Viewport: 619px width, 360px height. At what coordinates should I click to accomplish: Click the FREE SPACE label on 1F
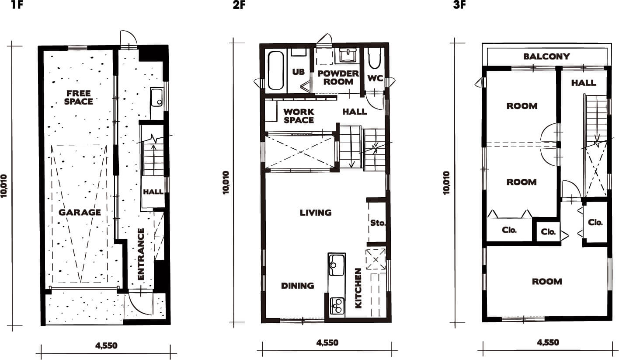coord(79,98)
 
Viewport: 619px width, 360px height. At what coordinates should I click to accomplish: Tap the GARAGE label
coord(80,212)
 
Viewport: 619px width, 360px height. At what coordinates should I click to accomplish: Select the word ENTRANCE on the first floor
coord(141,254)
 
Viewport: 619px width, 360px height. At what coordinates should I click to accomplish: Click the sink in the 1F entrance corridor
coord(156,98)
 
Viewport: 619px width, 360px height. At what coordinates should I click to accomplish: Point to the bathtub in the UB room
coord(276,70)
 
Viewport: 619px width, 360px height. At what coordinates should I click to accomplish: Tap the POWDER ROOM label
coord(338,77)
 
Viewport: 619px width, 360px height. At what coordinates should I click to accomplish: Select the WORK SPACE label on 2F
coord(299,116)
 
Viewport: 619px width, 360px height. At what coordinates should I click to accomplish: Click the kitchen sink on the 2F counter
coord(337,265)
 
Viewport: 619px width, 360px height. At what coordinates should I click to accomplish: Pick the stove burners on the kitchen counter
coord(337,305)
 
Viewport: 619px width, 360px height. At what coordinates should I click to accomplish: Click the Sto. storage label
coord(378,223)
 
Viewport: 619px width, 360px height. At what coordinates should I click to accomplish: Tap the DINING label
coord(298,286)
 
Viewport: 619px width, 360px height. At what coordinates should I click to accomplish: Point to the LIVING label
coord(316,213)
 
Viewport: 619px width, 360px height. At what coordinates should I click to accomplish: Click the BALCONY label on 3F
coord(546,56)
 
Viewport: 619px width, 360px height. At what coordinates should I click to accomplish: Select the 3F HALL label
coord(584,83)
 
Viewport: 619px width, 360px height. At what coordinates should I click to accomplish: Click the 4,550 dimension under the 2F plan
coord(327,343)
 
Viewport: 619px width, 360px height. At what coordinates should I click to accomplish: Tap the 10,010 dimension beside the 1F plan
coord(4,186)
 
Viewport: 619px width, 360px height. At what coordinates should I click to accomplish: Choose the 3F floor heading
coord(459,5)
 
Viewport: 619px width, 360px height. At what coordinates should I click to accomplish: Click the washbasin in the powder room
coord(347,56)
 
